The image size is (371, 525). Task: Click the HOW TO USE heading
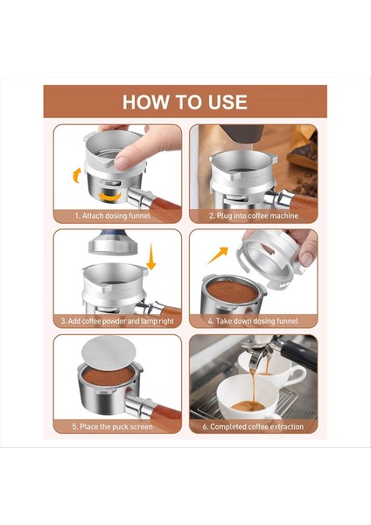click(x=185, y=102)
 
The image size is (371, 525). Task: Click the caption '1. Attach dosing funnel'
click(x=113, y=216)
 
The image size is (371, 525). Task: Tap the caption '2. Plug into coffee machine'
click(x=254, y=216)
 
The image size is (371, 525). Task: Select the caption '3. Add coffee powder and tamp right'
click(x=117, y=321)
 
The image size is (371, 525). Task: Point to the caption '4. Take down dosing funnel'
click(x=253, y=321)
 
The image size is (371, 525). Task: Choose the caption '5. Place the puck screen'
click(x=113, y=427)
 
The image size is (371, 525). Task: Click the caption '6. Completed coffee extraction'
click(x=253, y=427)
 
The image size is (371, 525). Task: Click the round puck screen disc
click(x=108, y=353)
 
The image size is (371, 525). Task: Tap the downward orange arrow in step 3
click(x=151, y=256)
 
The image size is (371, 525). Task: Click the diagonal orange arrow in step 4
click(x=218, y=255)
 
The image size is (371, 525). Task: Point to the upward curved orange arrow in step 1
click(x=77, y=176)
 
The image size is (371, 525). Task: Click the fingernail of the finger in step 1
click(x=122, y=164)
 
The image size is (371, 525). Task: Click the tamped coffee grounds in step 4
click(x=232, y=292)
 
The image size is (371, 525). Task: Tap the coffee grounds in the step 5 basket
click(x=108, y=375)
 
